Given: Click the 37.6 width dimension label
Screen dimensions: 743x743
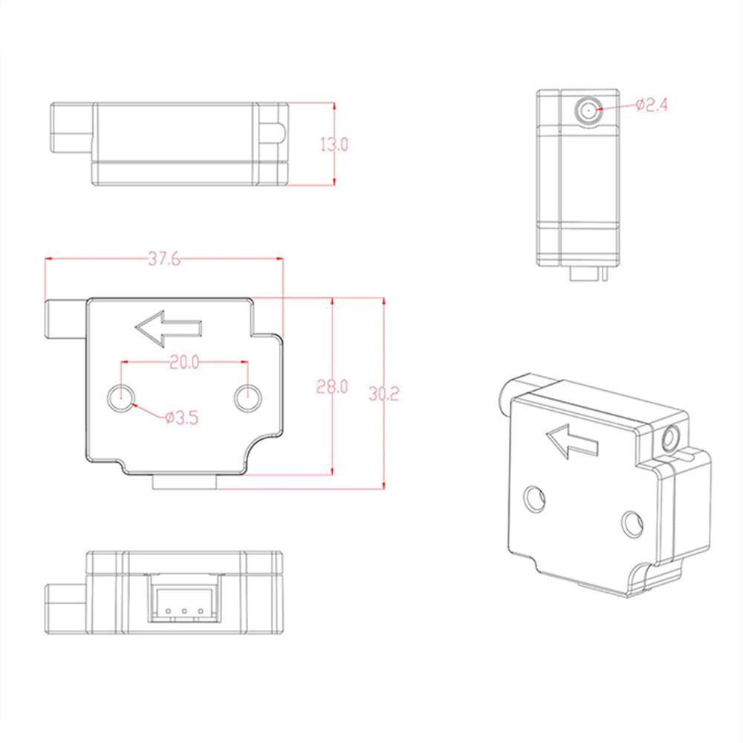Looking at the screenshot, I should (x=163, y=259).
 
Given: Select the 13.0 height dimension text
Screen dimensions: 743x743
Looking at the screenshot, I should (x=334, y=144).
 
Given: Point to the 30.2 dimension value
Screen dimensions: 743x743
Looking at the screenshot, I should (x=383, y=394).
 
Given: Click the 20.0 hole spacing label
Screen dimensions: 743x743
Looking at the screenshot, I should (x=184, y=362).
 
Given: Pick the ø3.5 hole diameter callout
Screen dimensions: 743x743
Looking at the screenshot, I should (x=181, y=418).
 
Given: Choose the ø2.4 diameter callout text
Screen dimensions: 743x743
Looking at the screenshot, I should (x=652, y=106).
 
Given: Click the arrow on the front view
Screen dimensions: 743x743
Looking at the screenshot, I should (x=169, y=328).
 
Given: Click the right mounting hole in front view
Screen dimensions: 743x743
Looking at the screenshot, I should (x=247, y=398).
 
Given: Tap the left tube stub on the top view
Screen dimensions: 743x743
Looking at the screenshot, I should (x=71, y=129).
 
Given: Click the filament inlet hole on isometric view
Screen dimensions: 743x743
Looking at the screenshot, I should (x=673, y=438).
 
